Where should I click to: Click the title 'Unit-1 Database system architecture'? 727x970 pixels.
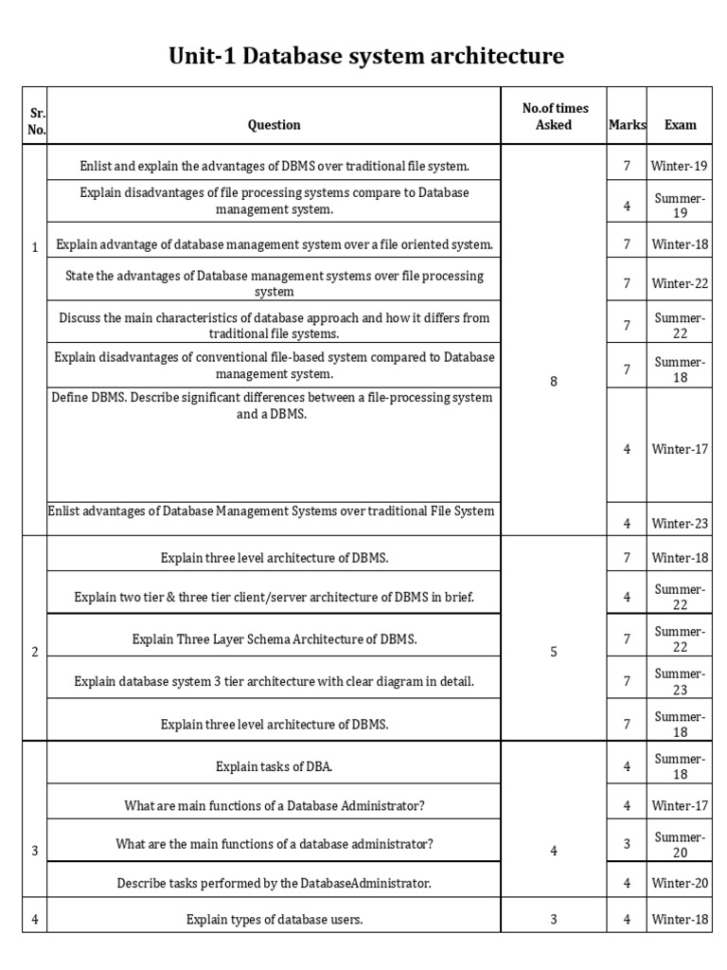[x=365, y=57]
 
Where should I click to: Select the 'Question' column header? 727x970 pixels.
[x=274, y=125]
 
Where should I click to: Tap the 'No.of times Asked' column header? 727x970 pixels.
[x=554, y=117]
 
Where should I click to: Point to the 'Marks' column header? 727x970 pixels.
[x=627, y=125]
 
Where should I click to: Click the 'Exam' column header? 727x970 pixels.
[x=680, y=125]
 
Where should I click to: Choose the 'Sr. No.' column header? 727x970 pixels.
[x=36, y=122]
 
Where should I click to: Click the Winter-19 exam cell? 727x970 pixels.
[x=680, y=167]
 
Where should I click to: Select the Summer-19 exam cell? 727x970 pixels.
[x=680, y=206]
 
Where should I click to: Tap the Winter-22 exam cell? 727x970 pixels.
[x=680, y=283]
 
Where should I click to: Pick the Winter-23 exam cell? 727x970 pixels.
[x=680, y=523]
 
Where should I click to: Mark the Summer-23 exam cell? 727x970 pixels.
[x=680, y=681]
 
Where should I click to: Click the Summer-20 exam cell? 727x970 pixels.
[x=680, y=844]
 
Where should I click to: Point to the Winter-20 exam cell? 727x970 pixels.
[x=680, y=884]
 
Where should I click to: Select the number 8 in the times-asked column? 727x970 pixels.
[x=554, y=382]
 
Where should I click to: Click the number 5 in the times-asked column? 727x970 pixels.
[x=554, y=653]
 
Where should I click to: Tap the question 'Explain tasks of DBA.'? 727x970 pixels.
[x=274, y=767]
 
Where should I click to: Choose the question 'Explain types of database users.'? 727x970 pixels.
[x=274, y=919]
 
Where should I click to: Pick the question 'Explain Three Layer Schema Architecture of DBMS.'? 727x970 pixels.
[x=274, y=639]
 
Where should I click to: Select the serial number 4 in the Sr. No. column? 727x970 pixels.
[x=35, y=919]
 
